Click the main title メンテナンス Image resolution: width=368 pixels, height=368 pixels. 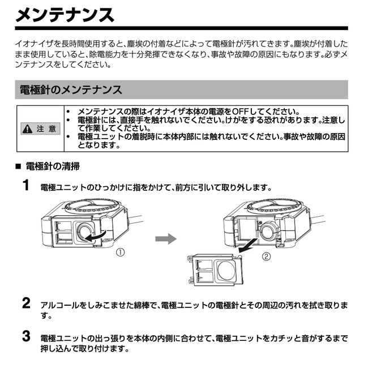pyautogui.click(x=65, y=15)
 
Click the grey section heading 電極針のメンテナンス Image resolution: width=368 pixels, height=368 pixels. pyautogui.click(x=71, y=89)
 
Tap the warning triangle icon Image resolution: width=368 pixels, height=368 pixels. pyautogui.click(x=28, y=129)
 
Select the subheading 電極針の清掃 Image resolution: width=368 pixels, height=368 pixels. pyautogui.click(x=53, y=166)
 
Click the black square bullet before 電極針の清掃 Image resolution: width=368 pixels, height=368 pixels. pyautogui.click(x=18, y=166)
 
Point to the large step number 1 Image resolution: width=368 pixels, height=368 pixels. pyautogui.click(x=26, y=185)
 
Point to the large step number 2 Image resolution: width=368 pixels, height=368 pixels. pyautogui.click(x=26, y=303)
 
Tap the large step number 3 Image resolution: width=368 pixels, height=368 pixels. pyautogui.click(x=26, y=336)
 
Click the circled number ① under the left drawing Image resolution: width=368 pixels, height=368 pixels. pyautogui.click(x=120, y=253)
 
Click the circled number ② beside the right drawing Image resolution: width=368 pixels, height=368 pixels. pyautogui.click(x=266, y=256)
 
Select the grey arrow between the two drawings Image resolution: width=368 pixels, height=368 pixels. pyautogui.click(x=166, y=239)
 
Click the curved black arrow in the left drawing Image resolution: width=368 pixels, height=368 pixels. pyautogui.click(x=96, y=237)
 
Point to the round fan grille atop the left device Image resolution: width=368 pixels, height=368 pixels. pyautogui.click(x=90, y=206)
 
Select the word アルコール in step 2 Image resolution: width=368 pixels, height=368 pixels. pyautogui.click(x=59, y=305)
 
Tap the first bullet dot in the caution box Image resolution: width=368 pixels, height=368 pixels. pyautogui.click(x=68, y=112)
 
